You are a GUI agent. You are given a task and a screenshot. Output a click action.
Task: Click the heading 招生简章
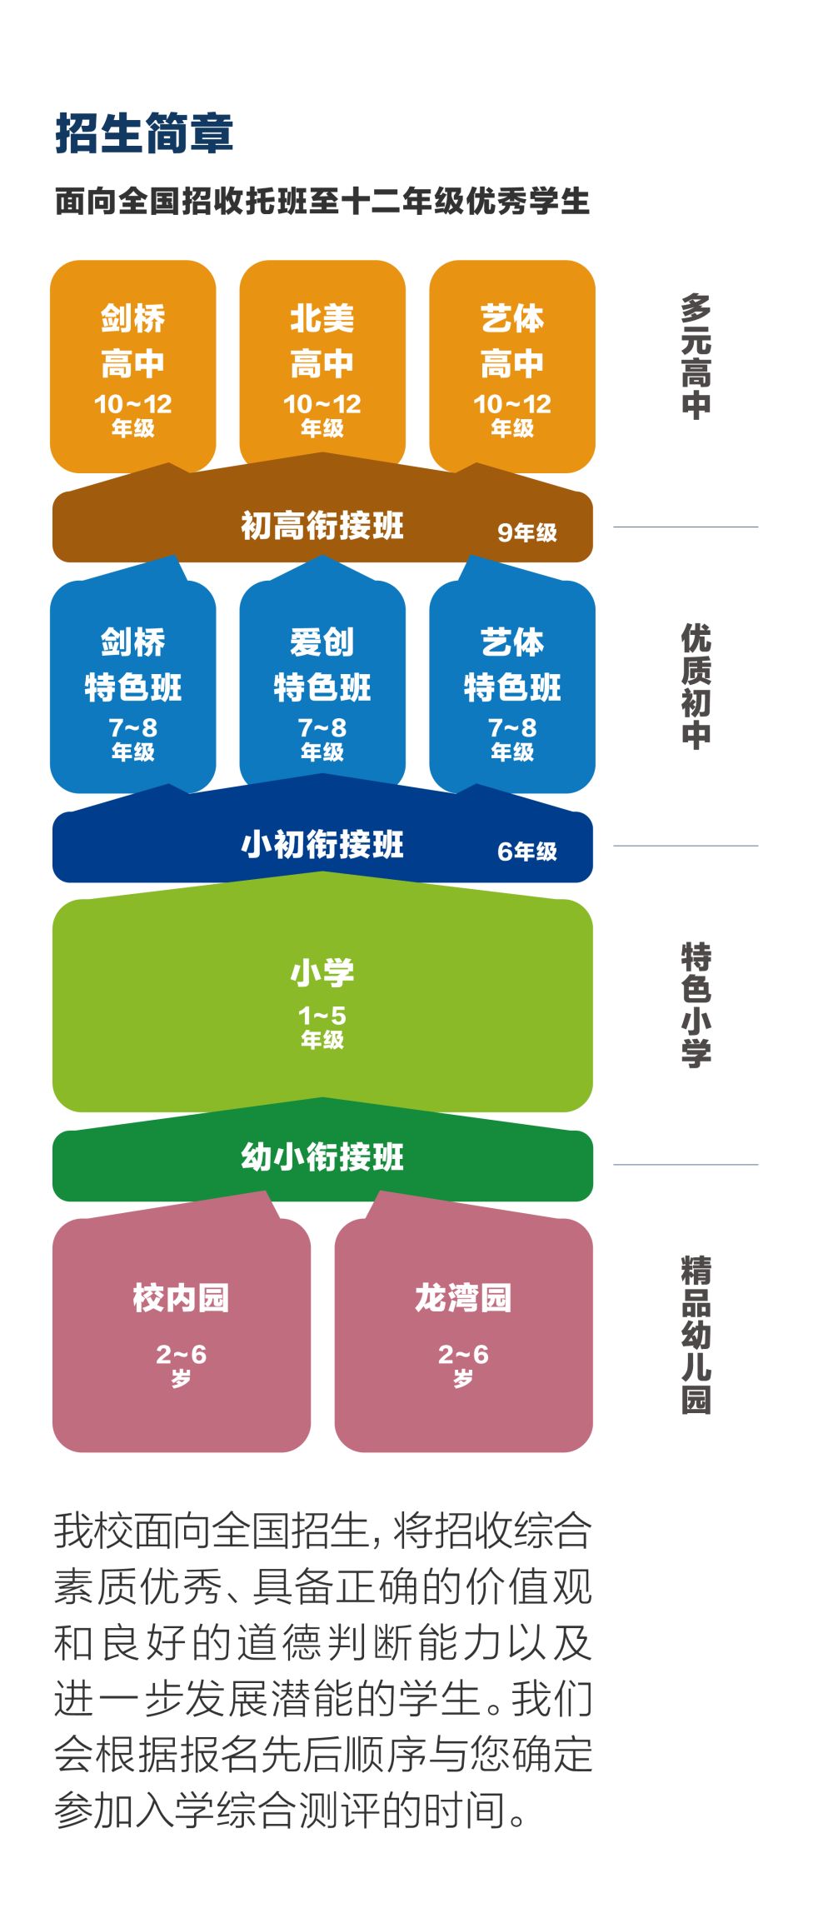pos(144,133)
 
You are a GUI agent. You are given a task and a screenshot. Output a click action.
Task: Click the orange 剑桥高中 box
pos(133,367)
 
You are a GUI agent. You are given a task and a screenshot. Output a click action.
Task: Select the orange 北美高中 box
pos(322,367)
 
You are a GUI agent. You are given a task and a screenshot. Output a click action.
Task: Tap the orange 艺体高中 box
pos(511,367)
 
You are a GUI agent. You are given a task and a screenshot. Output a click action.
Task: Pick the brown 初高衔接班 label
pos(322,526)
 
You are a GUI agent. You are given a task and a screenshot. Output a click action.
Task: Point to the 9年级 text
pos(527,532)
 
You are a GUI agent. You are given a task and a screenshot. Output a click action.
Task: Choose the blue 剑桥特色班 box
pos(133,687)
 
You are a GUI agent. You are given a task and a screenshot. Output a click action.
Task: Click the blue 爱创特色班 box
pos(322,687)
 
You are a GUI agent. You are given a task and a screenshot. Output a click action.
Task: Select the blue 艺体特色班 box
pos(511,687)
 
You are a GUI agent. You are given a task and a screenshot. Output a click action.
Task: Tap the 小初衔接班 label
pos(322,845)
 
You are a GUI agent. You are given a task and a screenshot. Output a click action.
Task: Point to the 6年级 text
pos(527,852)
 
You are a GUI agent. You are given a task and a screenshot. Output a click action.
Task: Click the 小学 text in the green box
pos(322,972)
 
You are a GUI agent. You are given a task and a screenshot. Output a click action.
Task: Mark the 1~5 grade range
pos(322,1016)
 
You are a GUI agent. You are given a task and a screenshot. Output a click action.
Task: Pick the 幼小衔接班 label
pos(322,1157)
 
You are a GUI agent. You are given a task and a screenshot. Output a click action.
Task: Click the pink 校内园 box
pos(181,1333)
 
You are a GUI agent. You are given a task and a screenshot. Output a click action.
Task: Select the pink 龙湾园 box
pos(463,1333)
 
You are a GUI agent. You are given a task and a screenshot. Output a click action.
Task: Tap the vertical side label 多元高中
pos(696,357)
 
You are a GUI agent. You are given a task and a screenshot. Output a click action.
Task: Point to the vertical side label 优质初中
pos(696,687)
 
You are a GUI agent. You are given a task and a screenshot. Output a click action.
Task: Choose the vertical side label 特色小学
pos(696,1005)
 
